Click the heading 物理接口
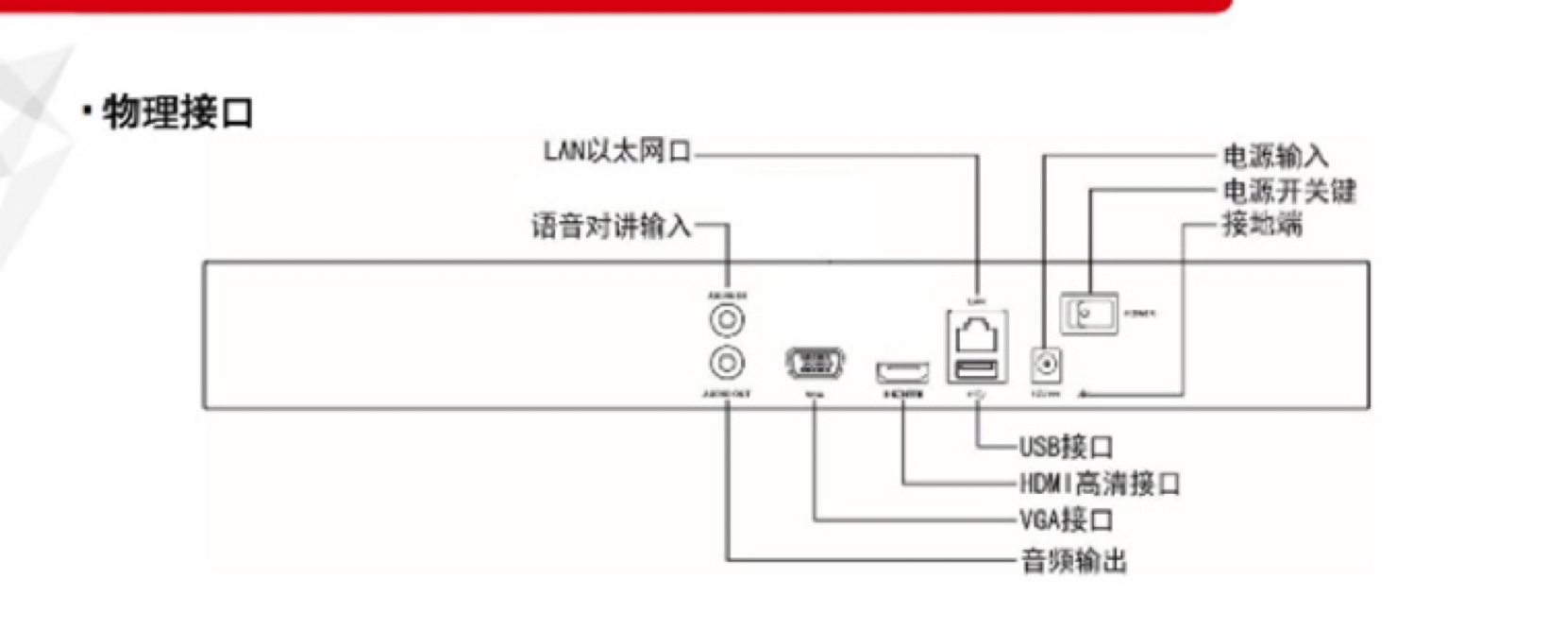coord(177,112)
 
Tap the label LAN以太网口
coord(617,151)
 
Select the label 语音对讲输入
coord(612,227)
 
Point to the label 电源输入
coord(1275,156)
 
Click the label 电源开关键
coord(1289,191)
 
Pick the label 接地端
coord(1262,225)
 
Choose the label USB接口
coord(1066,446)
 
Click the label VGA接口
coord(1066,519)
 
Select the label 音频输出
coord(1074,561)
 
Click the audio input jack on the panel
coord(727,320)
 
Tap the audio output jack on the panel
coord(727,362)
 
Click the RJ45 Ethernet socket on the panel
coord(977,335)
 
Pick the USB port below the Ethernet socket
coord(977,368)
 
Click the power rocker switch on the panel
coord(1089,314)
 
